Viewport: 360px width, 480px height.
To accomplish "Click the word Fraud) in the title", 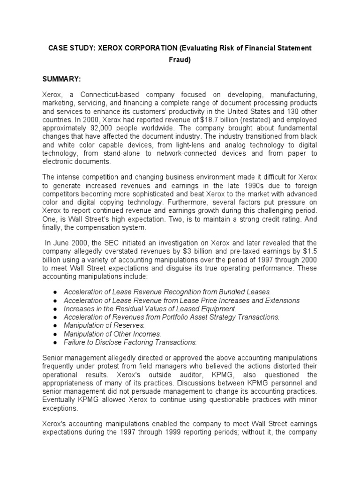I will click(180, 60).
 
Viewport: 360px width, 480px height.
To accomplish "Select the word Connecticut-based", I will click(104, 94).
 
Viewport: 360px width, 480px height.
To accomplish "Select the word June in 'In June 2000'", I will click(62, 242).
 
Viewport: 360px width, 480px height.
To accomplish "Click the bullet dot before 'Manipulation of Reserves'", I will click(55, 325).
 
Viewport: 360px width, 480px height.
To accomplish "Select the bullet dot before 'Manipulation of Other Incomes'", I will click(55, 334).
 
